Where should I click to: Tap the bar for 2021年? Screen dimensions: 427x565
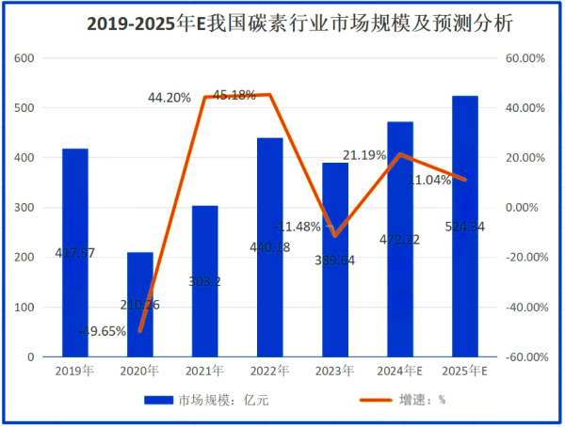pos(205,281)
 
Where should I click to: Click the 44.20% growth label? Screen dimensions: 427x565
pos(169,97)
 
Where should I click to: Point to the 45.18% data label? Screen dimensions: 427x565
pos(234,95)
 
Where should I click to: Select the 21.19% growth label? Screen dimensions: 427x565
pos(364,155)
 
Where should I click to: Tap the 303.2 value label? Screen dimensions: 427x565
pos(205,280)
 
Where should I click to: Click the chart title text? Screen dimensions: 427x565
pos(282,24)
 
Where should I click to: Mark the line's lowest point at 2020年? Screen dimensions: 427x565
pos(140,331)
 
